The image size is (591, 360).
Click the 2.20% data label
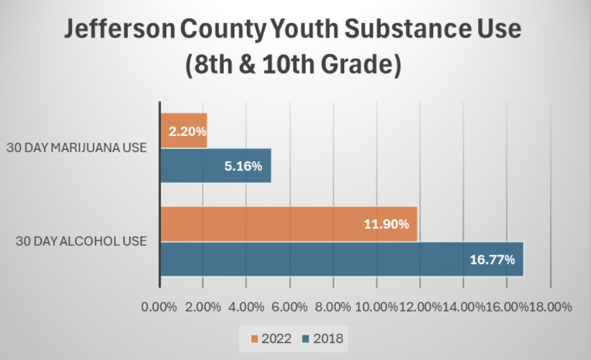coord(187,131)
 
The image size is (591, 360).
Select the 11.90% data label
coord(386,224)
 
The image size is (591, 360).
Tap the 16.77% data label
coord(492,260)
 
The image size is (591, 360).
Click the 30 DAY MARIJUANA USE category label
coord(76,148)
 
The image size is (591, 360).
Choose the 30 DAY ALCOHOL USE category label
coord(81,241)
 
